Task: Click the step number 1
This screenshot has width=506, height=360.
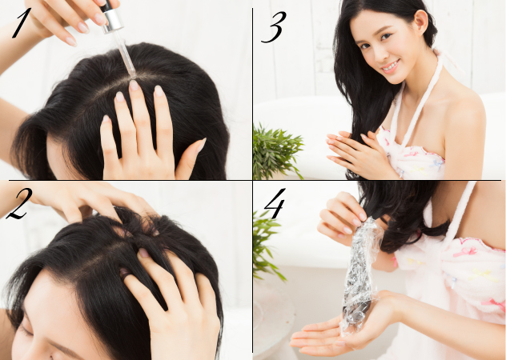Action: coord(22,23)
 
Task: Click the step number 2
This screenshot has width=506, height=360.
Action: coord(19,204)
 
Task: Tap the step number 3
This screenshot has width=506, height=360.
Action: coord(274,27)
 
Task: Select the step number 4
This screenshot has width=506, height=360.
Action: coord(275,203)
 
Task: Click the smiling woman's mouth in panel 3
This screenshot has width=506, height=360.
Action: coord(392,66)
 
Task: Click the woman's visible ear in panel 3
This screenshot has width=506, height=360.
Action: coord(421,22)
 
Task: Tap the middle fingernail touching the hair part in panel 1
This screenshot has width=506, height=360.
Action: coord(134,85)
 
